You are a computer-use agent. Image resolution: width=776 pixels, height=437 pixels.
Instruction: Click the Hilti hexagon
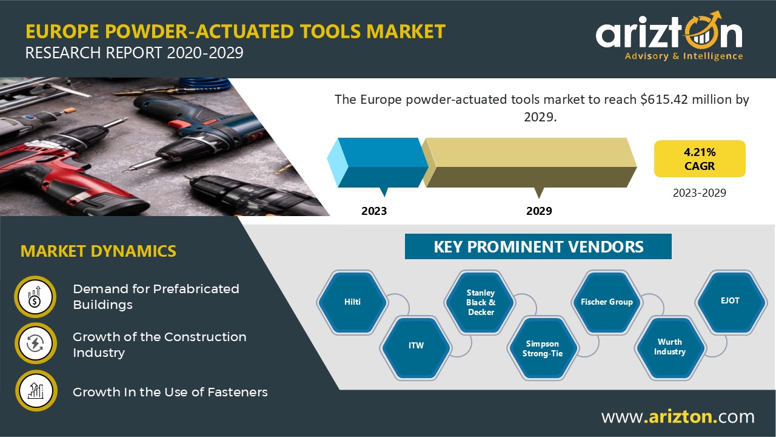(352, 302)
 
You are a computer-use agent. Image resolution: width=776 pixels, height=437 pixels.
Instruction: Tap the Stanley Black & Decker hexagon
(480, 302)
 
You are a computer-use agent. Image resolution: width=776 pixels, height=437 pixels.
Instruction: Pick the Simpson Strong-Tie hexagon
(543, 348)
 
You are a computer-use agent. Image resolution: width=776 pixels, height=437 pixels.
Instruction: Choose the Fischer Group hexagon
(607, 302)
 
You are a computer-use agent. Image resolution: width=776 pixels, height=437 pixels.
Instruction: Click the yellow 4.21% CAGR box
(700, 159)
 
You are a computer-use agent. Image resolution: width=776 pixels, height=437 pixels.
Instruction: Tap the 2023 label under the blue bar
(374, 211)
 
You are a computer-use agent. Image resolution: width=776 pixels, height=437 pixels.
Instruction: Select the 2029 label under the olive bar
(539, 211)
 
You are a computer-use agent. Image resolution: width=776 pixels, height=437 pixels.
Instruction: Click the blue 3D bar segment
(378, 163)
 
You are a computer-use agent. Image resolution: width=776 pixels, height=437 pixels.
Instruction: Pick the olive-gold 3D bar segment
(529, 163)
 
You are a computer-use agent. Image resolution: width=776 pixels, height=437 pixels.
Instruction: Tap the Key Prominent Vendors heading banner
(538, 246)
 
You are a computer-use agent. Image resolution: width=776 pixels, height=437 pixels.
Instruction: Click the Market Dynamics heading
(98, 251)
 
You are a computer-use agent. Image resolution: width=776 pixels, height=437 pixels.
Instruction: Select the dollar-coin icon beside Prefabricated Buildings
(35, 297)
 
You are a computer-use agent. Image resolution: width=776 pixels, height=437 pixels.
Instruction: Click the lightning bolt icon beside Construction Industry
(36, 344)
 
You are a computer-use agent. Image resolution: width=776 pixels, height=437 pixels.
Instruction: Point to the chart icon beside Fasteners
(36, 391)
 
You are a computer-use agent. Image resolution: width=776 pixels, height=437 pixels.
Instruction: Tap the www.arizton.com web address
(678, 416)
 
